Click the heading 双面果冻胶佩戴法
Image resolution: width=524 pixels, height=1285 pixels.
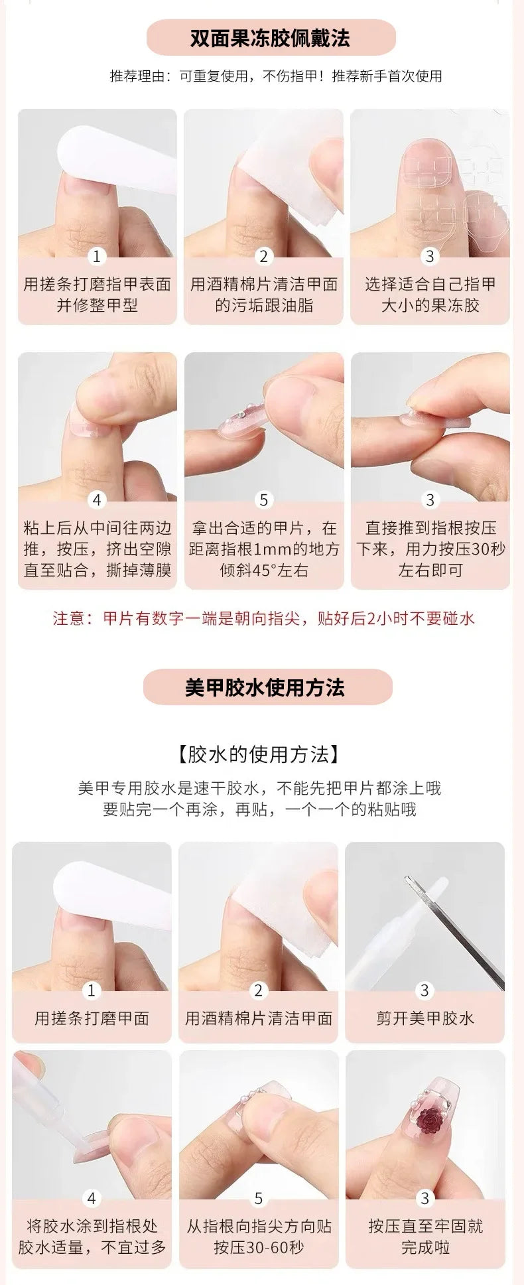point(269,38)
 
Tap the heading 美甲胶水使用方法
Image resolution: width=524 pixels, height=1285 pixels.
point(265,687)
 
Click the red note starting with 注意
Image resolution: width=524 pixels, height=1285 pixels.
point(264,618)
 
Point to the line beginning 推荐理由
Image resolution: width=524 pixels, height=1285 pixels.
point(276,76)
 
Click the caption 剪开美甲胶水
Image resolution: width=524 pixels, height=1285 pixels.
point(425,1018)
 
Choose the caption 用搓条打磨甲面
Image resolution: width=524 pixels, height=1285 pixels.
point(92,1018)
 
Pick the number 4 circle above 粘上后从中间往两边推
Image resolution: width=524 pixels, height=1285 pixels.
point(97,500)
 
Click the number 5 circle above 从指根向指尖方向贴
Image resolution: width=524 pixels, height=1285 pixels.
point(259,1199)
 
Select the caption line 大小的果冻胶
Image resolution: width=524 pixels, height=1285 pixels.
point(430,305)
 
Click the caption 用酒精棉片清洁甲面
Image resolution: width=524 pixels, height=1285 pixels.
point(259,1018)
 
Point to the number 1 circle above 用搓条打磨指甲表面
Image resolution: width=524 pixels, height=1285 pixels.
point(97,257)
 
